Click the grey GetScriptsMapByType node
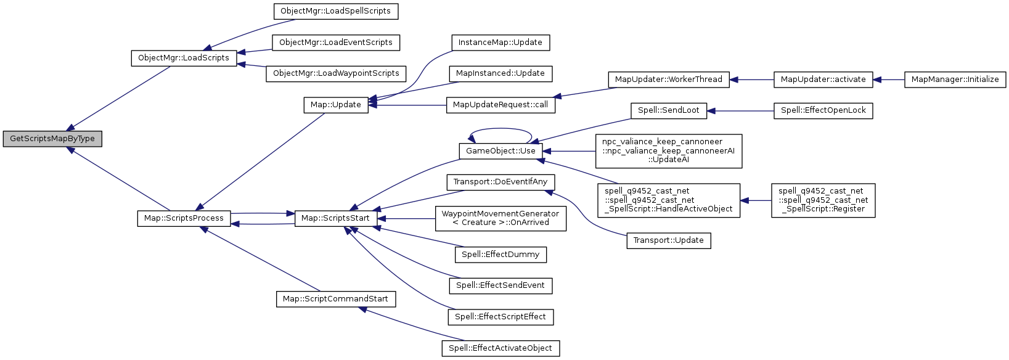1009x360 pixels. [52, 139]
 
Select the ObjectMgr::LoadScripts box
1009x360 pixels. [184, 58]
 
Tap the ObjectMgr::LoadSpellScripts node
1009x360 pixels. [335, 11]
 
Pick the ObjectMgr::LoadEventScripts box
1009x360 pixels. [336, 43]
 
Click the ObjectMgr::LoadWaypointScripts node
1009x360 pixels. [336, 73]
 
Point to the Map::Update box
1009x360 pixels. [336, 105]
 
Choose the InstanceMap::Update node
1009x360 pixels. [500, 43]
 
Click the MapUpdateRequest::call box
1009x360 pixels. [500, 105]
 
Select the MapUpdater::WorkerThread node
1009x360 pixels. [669, 80]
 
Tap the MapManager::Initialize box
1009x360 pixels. [955, 80]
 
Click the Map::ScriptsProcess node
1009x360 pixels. [184, 218]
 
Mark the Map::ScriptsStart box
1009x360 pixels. [335, 218]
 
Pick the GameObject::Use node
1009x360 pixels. [500, 151]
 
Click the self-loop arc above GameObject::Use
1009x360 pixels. [500, 129]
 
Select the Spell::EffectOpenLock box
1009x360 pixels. [823, 110]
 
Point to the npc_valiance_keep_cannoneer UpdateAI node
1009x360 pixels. [668, 151]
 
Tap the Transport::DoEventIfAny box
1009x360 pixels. [500, 182]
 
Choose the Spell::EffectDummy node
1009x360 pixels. [500, 255]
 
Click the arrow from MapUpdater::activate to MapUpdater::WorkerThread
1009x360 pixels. [751, 80]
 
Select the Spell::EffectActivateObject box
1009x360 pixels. [500, 348]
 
